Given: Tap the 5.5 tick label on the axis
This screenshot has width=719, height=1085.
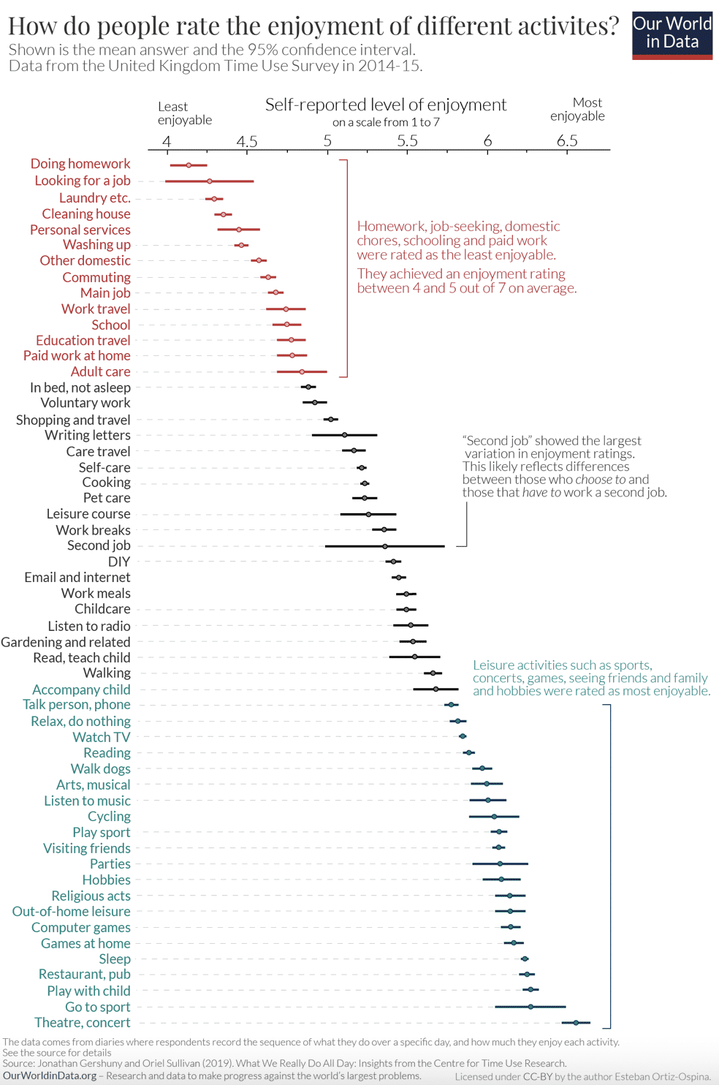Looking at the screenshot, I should click(x=407, y=141).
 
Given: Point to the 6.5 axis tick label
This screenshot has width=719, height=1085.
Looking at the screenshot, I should click(x=567, y=141).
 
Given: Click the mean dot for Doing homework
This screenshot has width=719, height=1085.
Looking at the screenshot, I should click(x=189, y=165).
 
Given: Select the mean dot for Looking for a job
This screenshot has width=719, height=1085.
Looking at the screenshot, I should click(x=209, y=181).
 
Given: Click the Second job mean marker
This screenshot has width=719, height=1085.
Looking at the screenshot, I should click(x=385, y=546).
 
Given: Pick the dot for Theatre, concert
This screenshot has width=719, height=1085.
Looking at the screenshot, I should click(x=576, y=1023).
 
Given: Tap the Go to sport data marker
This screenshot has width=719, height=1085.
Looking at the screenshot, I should click(x=530, y=1007).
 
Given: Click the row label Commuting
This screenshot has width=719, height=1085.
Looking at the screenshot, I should click(x=96, y=277).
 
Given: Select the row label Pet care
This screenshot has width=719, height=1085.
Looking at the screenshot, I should click(x=107, y=498).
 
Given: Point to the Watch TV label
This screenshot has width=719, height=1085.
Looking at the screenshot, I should click(x=102, y=737).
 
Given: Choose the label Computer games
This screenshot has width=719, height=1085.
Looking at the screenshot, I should click(x=81, y=927).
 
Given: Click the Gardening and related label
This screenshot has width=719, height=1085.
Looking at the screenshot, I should click(x=66, y=642).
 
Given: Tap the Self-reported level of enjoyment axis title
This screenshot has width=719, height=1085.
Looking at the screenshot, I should click(x=386, y=105).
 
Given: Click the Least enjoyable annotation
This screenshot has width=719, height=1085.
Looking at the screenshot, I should click(x=184, y=113).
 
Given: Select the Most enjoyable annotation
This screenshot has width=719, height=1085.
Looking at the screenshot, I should click(x=577, y=109).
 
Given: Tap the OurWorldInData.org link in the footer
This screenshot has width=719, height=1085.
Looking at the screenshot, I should click(x=50, y=1075).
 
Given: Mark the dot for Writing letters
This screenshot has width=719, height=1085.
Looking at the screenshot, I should click(x=345, y=435).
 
